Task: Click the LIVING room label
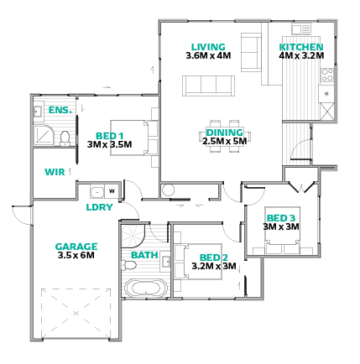[208, 47]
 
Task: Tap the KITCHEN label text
[301, 47]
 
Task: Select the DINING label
[225, 133]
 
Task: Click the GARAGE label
[76, 247]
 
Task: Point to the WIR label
[55, 172]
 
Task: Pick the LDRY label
[99, 207]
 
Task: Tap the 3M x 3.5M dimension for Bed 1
[109, 144]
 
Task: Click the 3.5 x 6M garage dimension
[76, 255]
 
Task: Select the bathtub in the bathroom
[146, 288]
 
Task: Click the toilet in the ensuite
[65, 138]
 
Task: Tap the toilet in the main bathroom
[128, 265]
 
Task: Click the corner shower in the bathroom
[133, 236]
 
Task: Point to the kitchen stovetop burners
[327, 75]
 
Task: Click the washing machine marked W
[112, 191]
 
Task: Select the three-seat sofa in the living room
[208, 86]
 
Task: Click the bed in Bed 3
[283, 230]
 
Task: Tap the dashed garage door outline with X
[76, 313]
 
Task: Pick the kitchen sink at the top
[301, 29]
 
